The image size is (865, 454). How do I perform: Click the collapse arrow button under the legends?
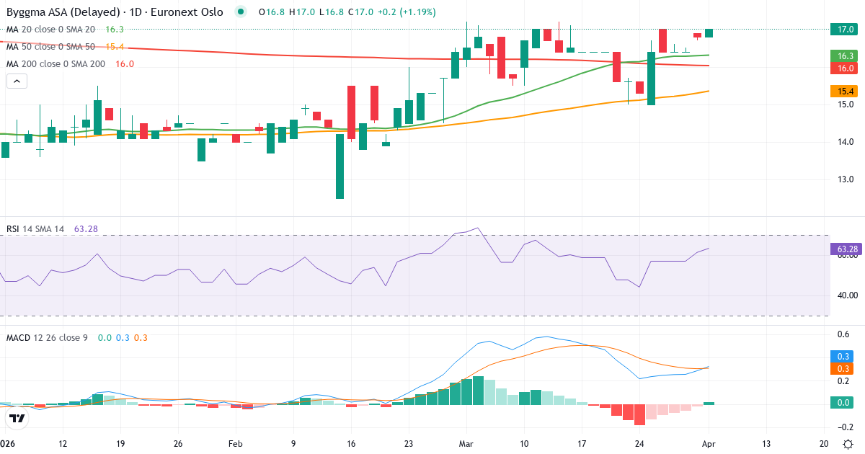coord(17,81)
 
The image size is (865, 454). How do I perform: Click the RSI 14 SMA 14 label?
coord(35,229)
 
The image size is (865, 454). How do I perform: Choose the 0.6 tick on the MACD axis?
coord(842,334)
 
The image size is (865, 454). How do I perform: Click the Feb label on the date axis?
coord(236,444)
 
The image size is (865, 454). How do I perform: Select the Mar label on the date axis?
coord(466,444)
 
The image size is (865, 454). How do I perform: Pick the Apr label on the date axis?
coord(709,444)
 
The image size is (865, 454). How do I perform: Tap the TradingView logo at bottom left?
coord(17,418)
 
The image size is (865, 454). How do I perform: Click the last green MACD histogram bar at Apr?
coord(709,404)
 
